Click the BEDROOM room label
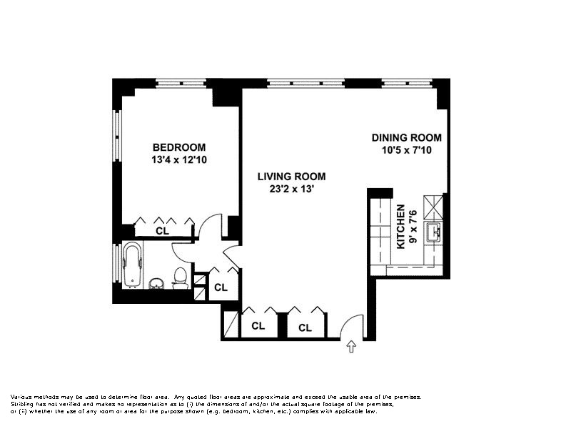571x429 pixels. click(179, 147)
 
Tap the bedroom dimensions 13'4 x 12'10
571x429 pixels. click(179, 159)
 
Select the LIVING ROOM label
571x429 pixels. click(292, 177)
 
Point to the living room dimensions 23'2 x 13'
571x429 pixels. click(291, 189)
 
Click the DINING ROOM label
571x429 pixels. click(407, 137)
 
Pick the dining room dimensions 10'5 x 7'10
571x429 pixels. click(407, 150)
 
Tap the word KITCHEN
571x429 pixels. click(400, 227)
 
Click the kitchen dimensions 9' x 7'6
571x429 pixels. click(413, 227)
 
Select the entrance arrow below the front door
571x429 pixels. click(351, 346)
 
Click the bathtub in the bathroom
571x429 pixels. click(132, 265)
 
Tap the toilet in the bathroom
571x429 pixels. click(180, 278)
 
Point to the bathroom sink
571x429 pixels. click(156, 283)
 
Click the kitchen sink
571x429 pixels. click(433, 232)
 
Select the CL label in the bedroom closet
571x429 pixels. click(163, 231)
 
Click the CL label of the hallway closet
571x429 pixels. click(221, 287)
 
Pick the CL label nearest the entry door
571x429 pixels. click(305, 328)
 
